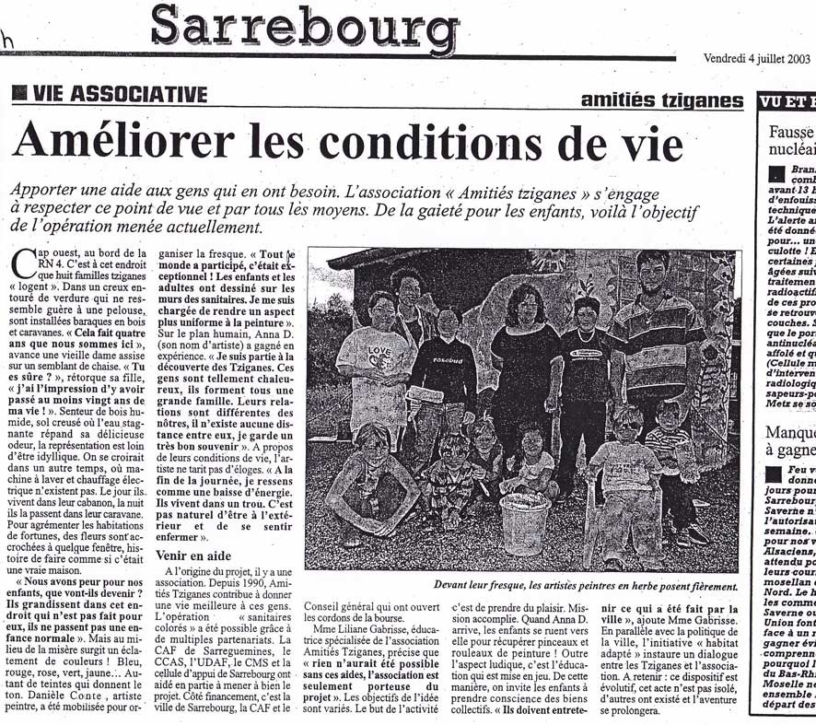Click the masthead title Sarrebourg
click(x=304, y=28)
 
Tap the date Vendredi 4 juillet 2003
click(x=756, y=58)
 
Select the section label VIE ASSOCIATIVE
click(x=119, y=95)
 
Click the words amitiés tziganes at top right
click(x=662, y=100)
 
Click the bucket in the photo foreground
click(x=525, y=522)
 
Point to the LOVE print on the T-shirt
click(x=379, y=355)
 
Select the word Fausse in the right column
click(x=791, y=131)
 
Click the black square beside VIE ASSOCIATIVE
click(x=19, y=94)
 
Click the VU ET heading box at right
click(x=787, y=102)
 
